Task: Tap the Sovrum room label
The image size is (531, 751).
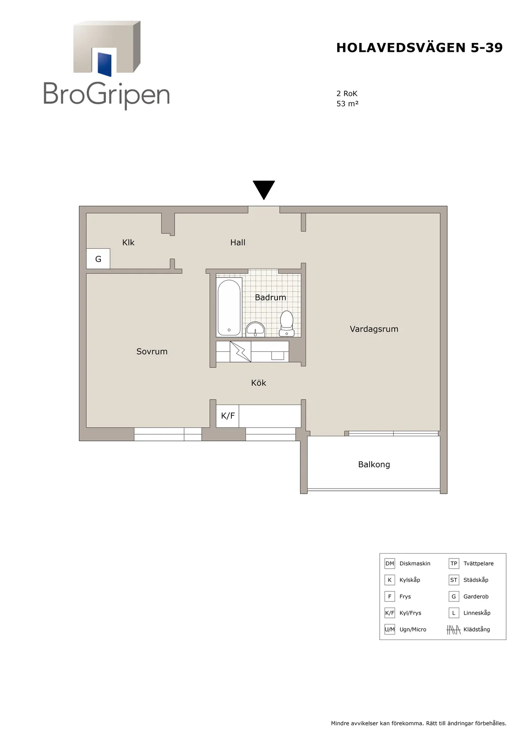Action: tap(152, 351)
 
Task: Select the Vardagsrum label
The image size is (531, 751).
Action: tap(374, 329)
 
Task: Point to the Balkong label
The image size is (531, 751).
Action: tap(374, 464)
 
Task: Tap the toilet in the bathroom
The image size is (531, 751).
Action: tap(287, 324)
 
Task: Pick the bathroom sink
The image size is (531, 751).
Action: tap(255, 330)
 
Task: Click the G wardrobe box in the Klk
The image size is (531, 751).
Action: tap(98, 259)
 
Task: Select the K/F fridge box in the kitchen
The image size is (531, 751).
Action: tap(227, 416)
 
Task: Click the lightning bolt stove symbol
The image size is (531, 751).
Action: tap(240, 352)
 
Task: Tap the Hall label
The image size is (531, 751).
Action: tap(238, 243)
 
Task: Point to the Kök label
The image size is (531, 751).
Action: tap(258, 382)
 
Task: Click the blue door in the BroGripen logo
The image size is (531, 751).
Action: tap(104, 64)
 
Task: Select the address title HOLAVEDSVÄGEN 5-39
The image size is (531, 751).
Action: tap(419, 48)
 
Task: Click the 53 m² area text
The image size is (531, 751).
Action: tap(347, 104)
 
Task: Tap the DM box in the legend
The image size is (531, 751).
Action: tap(389, 564)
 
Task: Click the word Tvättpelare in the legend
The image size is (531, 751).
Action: tap(478, 564)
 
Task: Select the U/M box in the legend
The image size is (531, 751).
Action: tap(389, 630)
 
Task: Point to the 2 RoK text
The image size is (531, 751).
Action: tap(347, 93)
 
